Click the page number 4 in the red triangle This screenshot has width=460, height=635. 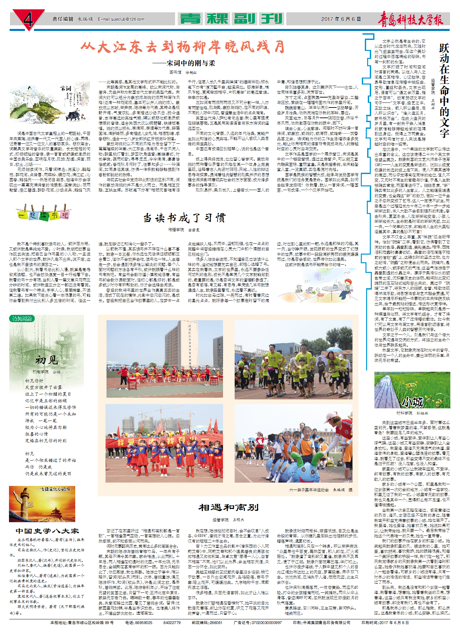pos(28,19)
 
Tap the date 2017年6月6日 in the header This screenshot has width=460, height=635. pos(341,19)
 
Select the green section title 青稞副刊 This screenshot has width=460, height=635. pos(231,19)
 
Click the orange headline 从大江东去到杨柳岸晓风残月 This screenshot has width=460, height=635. pos(183,47)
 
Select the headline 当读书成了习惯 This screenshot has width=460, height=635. pos(184,218)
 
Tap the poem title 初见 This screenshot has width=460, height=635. pos(47,360)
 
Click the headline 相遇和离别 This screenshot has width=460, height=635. pos(228,508)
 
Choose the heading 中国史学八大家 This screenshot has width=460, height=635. pos(47,531)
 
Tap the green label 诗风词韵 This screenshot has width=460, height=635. pos(22,318)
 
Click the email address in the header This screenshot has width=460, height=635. pos(121,19)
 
